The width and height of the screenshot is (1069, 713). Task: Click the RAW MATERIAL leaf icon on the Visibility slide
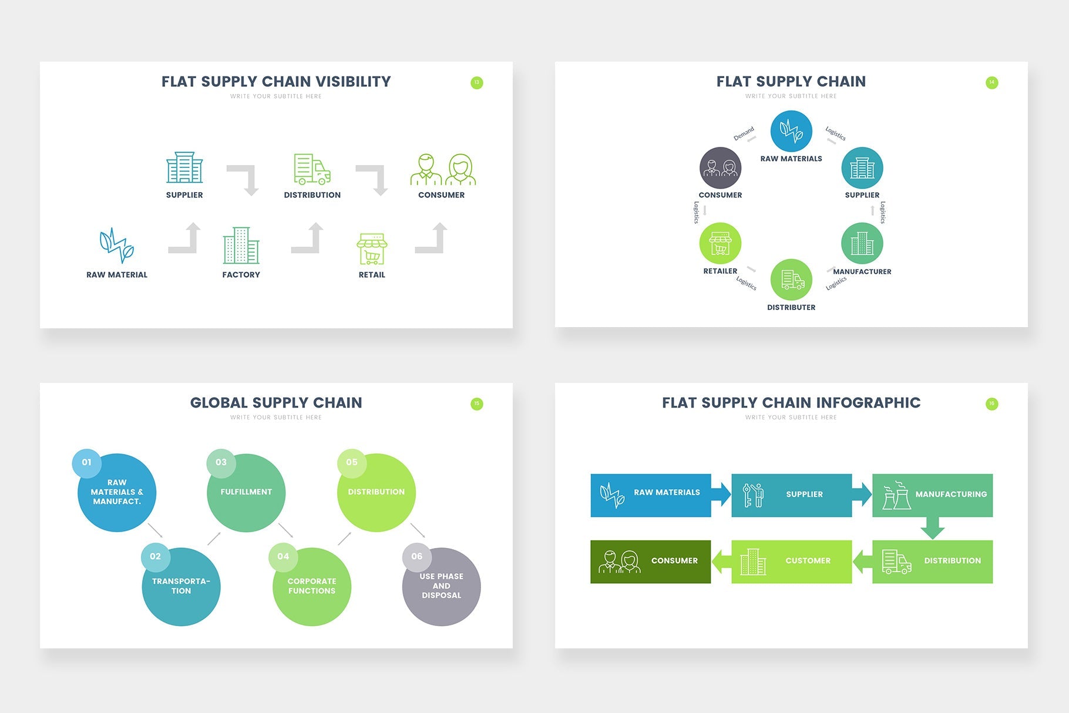[x=116, y=245]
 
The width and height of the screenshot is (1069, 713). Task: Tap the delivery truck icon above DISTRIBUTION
[x=312, y=169]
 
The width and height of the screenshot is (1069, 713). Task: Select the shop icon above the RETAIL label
[x=372, y=249]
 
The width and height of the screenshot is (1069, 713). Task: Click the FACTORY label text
[x=241, y=275]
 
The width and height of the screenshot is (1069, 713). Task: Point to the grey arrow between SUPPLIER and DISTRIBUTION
[x=244, y=179]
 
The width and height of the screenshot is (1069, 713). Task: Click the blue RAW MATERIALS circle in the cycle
[x=791, y=131]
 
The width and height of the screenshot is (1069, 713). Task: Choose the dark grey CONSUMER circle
[x=720, y=168]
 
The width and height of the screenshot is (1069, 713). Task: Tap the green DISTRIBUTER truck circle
[x=791, y=280]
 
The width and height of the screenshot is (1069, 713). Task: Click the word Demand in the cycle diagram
[x=743, y=134]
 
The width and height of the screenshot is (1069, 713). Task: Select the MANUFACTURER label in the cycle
[x=862, y=271]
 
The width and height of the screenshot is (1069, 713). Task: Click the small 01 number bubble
[x=87, y=462]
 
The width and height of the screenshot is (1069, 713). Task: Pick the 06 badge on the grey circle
[x=416, y=556]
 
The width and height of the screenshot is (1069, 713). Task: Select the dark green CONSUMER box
[x=650, y=561]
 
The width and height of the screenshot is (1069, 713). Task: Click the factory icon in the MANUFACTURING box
[x=896, y=496]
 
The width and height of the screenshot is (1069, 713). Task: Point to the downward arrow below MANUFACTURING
[x=932, y=528]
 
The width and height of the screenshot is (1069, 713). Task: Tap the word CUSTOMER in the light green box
[x=808, y=561]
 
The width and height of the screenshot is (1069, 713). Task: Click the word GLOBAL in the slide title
[x=218, y=403]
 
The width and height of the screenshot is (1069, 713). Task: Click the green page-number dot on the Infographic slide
[x=991, y=403]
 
